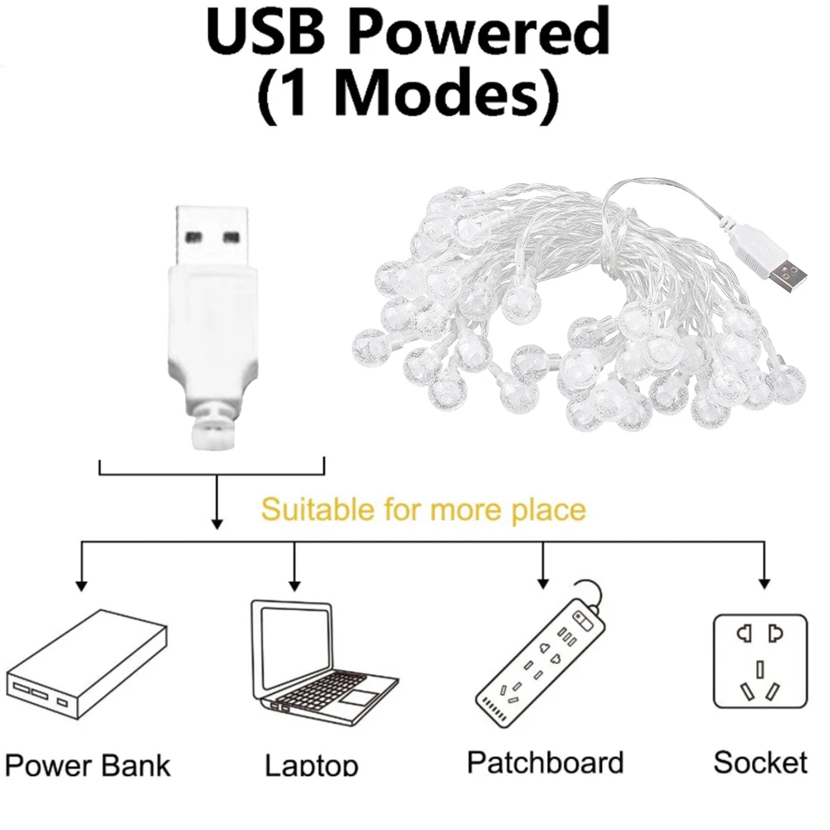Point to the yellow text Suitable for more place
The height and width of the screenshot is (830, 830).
(423, 508)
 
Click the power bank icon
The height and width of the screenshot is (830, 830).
(87, 667)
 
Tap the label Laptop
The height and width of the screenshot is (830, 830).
(312, 764)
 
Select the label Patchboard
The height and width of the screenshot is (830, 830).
(545, 761)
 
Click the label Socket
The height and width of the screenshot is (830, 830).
(760, 761)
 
